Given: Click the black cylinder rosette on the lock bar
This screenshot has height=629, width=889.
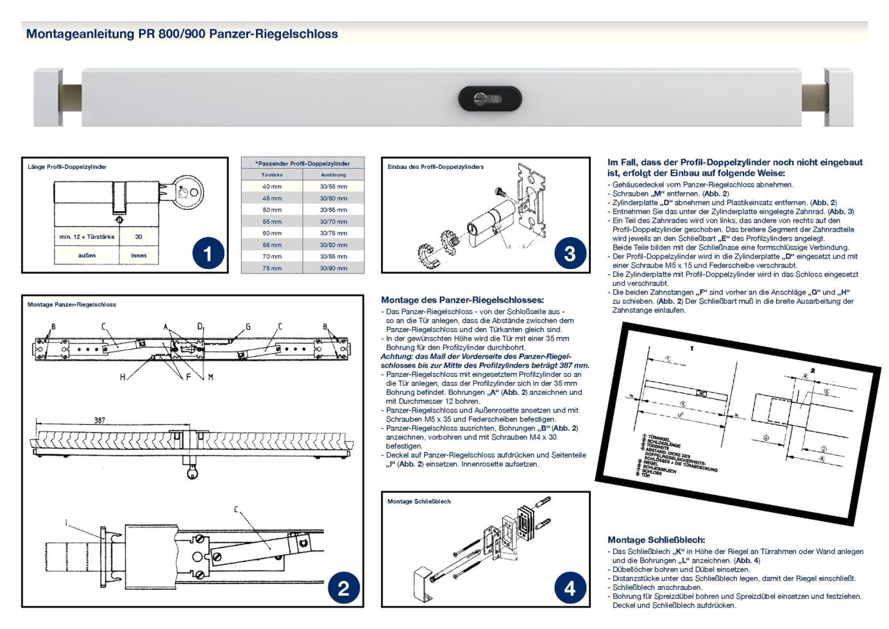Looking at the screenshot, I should tap(489, 99).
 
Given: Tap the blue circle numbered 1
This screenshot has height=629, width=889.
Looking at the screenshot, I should tap(208, 254).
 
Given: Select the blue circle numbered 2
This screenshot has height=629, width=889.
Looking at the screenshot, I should tap(343, 588).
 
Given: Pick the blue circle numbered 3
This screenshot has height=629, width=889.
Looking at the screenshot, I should tap(569, 253).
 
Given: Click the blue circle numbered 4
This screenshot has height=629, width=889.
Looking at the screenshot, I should tap(569, 588).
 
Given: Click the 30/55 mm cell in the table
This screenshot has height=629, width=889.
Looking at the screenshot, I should tap(334, 187).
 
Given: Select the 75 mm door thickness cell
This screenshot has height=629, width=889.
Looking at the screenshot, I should tap(272, 268).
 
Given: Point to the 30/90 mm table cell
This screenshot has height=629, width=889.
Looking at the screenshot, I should tap(334, 268).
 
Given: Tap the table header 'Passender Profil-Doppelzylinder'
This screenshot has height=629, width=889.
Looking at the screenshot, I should tap(303, 164).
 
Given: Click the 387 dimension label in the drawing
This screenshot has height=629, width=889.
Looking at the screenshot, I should tap(99, 420).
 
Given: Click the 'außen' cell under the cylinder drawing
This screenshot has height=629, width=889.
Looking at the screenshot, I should tap(87, 255).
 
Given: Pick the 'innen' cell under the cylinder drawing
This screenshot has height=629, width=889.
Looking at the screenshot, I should tap(139, 255).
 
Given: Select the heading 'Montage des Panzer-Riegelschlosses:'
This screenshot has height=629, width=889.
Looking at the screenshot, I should tap(462, 300).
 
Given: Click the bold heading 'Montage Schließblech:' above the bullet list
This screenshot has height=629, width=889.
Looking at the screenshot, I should tap(656, 540).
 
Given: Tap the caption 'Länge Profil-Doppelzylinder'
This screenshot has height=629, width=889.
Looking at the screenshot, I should tap(67, 167).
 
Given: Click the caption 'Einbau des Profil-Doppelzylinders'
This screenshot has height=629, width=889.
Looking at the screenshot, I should tap(436, 167).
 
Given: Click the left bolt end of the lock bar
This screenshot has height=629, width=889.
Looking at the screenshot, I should tap(70, 98).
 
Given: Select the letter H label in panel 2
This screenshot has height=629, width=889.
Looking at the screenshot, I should tap(123, 377).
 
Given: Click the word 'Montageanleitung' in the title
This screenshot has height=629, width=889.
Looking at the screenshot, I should tap(80, 34).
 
